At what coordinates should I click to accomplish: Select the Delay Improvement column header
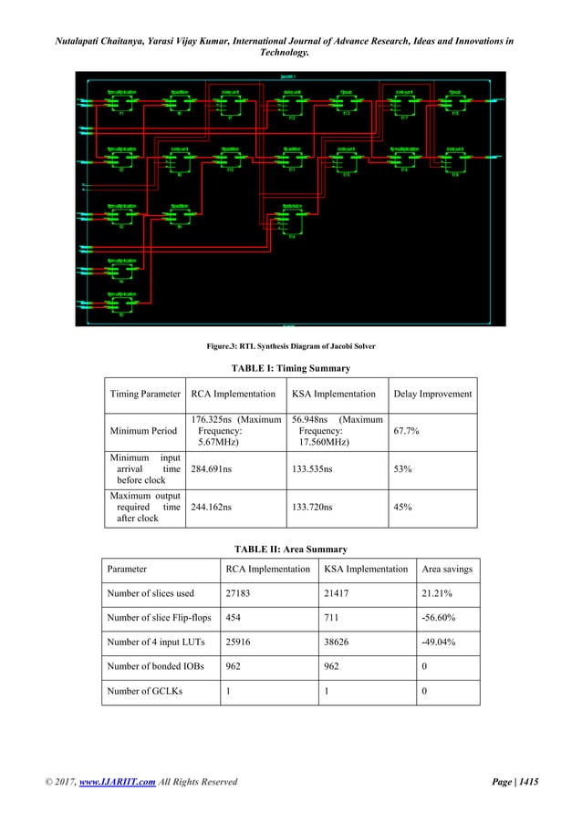(x=431, y=395)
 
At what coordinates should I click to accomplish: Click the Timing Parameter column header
(x=144, y=395)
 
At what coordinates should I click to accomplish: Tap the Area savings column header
(x=446, y=569)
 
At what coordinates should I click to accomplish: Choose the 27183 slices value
(x=239, y=593)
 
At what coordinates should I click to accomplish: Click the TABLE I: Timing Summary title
(x=291, y=368)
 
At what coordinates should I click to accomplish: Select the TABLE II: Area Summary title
(x=291, y=550)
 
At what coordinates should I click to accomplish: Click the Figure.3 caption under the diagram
(x=290, y=345)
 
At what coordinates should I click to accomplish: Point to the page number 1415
(x=525, y=781)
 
